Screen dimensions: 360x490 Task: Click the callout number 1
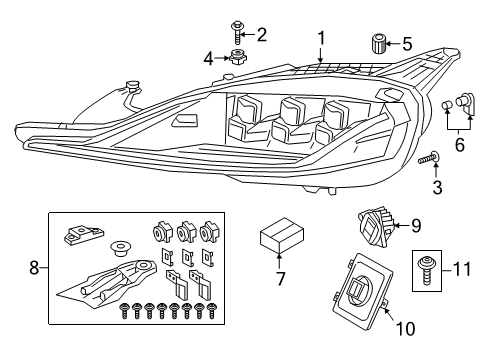(x=321, y=38)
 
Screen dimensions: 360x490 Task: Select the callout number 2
(x=262, y=35)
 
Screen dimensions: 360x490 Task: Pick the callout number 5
(x=406, y=44)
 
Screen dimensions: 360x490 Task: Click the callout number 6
(x=459, y=145)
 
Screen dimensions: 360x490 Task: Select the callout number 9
(x=416, y=226)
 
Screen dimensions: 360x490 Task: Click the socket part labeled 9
(x=376, y=226)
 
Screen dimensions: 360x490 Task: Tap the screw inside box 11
(x=430, y=268)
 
